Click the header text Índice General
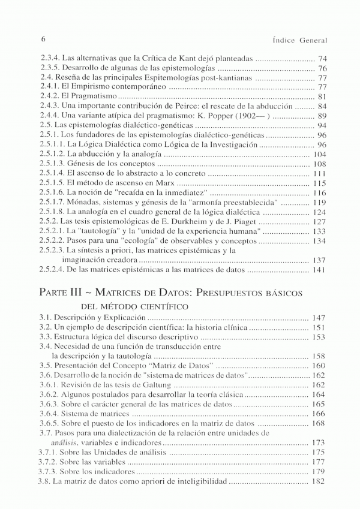[299, 40]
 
